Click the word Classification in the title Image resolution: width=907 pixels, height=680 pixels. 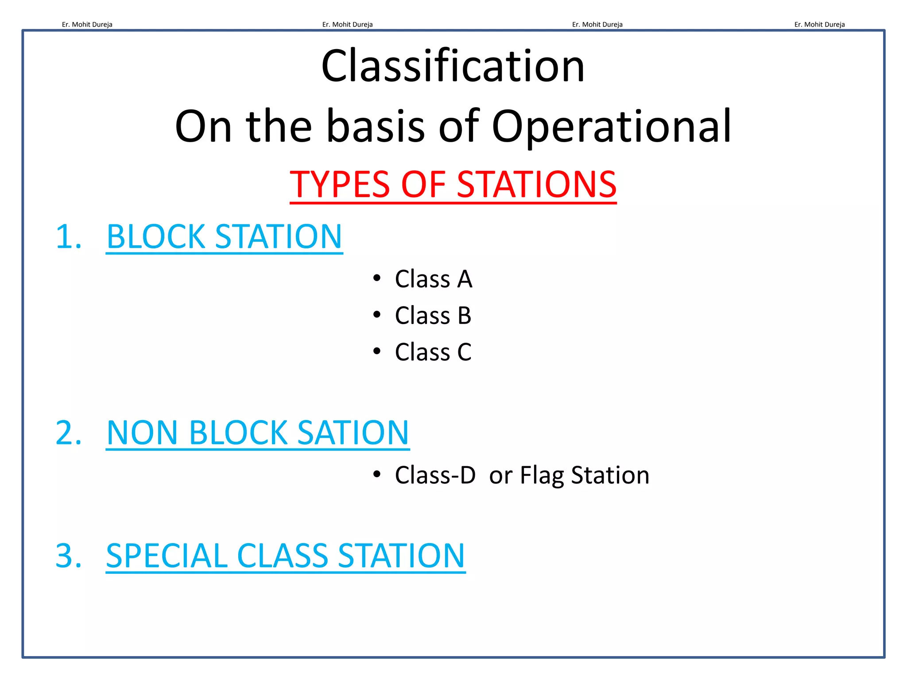tap(453, 66)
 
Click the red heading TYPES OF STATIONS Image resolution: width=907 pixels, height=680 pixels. tap(453, 184)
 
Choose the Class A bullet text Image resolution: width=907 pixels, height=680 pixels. tap(433, 279)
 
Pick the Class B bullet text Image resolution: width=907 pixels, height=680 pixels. tap(433, 316)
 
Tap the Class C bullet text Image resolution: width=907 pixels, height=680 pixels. tap(433, 352)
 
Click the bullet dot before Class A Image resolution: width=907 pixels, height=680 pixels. tap(377, 278)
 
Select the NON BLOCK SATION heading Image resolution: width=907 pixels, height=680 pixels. tap(257, 433)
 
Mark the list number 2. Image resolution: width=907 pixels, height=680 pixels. tap(68, 433)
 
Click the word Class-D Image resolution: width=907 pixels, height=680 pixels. tap(435, 475)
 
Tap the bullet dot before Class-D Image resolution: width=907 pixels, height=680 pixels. tap(377, 474)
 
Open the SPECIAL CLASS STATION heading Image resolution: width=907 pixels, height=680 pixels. tap(285, 556)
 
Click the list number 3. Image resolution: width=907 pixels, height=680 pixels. tap(68, 556)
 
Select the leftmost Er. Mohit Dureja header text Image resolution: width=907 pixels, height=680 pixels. tap(87, 25)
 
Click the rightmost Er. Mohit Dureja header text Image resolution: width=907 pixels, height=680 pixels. tap(819, 25)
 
